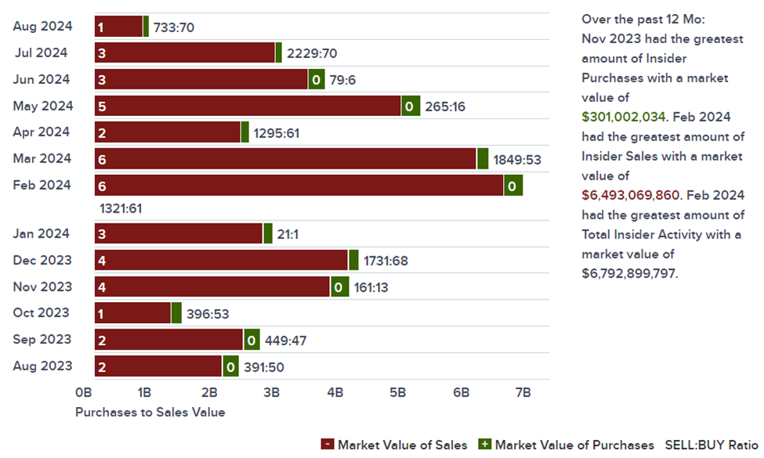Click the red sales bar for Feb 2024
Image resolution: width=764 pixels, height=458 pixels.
[299, 186]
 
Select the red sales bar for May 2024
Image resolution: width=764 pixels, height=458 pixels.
[248, 106]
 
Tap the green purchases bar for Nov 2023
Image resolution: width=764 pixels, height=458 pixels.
[339, 287]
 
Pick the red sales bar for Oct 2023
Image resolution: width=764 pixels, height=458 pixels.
[132, 313]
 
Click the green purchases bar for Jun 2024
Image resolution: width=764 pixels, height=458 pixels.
[316, 79]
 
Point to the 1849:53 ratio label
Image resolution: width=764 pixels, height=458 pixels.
[517, 160]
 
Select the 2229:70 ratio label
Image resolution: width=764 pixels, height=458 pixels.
[312, 53]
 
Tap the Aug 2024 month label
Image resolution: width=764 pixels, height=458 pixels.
[42, 26]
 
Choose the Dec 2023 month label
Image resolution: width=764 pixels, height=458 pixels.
[42, 260]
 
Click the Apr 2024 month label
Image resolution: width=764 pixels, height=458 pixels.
[42, 132]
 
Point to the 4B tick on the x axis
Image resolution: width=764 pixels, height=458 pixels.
[335, 392]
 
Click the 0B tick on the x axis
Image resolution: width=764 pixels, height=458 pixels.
[84, 392]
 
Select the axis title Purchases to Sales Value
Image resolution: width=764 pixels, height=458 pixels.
[150, 412]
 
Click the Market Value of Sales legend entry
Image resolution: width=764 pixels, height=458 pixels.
[394, 445]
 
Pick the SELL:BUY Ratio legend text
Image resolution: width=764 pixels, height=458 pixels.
[711, 445]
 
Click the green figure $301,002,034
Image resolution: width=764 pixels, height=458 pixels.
[624, 117]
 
